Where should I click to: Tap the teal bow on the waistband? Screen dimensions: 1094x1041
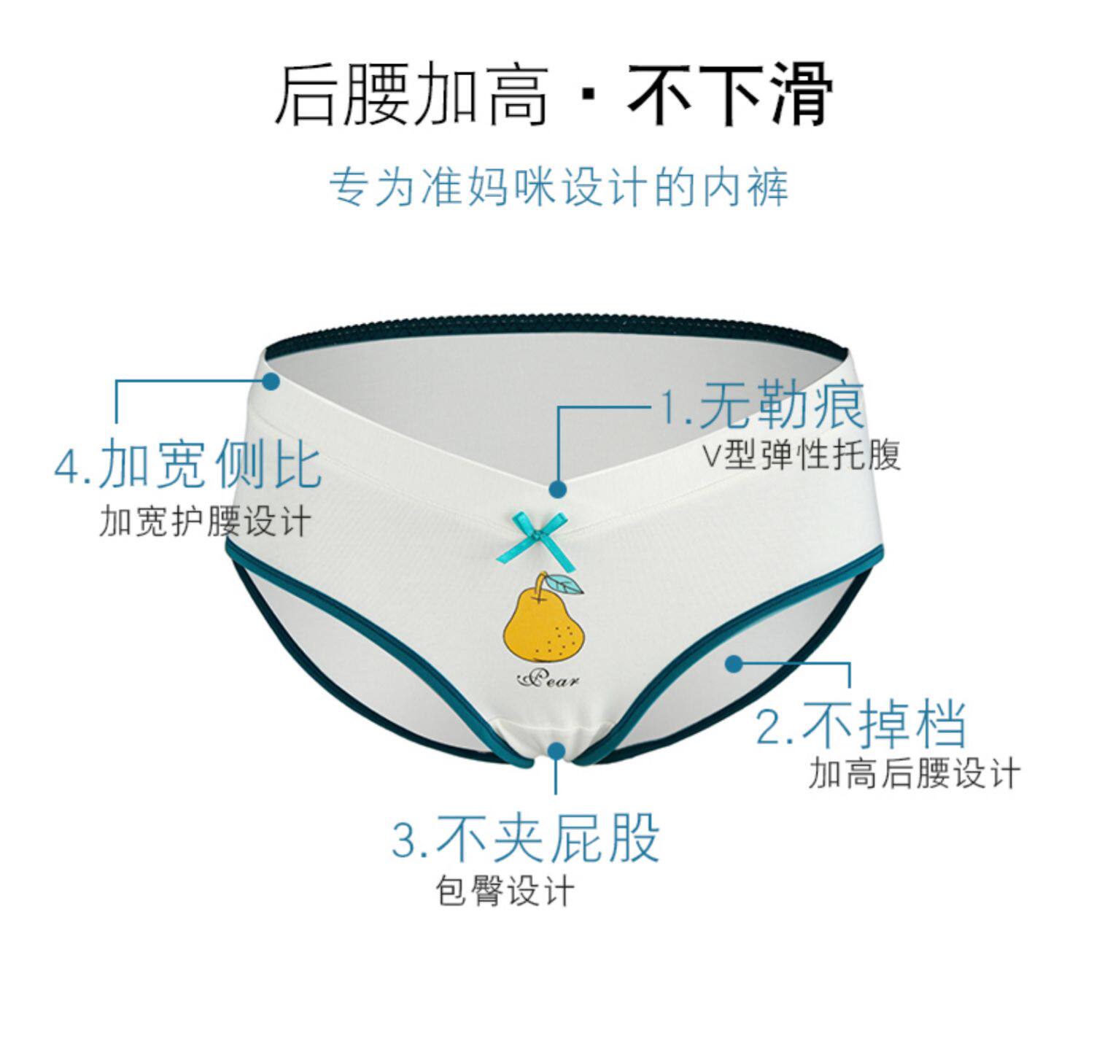[532, 536]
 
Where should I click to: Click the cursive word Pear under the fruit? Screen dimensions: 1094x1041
[548, 679]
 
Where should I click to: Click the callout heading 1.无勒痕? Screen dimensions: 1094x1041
[762, 406]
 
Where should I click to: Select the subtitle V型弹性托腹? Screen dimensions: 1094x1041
[802, 455]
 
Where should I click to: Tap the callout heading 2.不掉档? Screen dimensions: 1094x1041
[861, 724]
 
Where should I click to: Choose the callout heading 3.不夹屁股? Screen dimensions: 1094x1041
[525, 839]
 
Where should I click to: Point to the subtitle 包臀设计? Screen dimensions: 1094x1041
[505, 891]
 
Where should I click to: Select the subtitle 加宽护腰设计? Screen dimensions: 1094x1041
[205, 521]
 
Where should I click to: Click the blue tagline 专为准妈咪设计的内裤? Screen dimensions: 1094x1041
[559, 187]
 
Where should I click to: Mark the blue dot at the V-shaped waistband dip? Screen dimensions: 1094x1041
[558, 489]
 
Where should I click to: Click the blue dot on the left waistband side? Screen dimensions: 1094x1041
[271, 381]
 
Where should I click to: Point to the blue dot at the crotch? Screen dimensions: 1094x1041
[556, 750]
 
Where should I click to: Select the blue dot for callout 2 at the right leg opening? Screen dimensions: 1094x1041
[734, 663]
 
